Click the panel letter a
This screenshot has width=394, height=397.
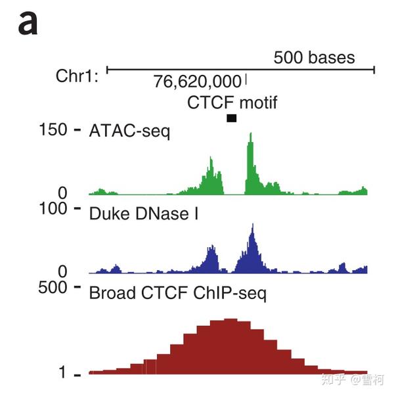28,23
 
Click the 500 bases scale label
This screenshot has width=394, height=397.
314,57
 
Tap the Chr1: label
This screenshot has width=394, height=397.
77,76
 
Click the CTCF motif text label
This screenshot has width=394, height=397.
232,103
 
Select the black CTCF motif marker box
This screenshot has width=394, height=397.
232,118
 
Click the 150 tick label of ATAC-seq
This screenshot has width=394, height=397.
53,129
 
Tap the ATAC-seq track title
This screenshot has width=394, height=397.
129,131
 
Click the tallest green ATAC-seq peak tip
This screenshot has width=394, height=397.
251,133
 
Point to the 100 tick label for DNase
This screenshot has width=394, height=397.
53,208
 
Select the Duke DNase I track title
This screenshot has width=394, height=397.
144,214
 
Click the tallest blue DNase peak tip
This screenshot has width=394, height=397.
253,224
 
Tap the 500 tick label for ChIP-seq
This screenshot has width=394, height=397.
53,287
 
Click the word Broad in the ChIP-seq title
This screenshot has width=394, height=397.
112,292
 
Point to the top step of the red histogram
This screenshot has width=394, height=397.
230,319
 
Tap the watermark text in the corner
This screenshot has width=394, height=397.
352,380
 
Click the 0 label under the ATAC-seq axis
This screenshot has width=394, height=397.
62,193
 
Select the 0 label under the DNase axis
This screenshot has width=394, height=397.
62,271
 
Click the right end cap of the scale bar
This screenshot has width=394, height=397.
374,70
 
